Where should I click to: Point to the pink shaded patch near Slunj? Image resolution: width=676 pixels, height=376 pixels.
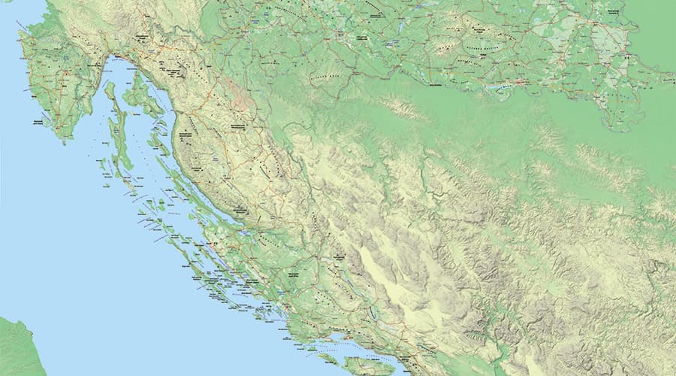240,94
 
